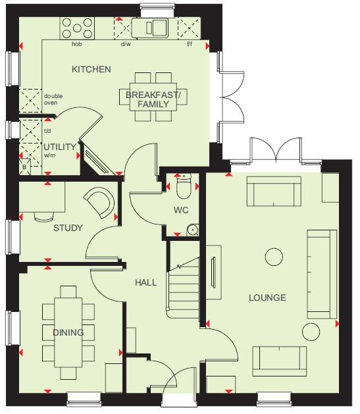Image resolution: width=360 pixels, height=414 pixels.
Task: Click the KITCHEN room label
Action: tap(91, 70)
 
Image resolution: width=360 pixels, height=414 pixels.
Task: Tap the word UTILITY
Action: tap(60, 147)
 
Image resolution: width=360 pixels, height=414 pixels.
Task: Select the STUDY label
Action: tap(68, 228)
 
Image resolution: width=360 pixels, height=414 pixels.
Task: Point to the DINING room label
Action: tap(68, 332)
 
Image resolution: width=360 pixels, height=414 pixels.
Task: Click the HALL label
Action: tap(146, 283)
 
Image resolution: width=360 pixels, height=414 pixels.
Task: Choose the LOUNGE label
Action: tap(267, 298)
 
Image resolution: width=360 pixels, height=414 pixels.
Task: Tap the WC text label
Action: tap(181, 211)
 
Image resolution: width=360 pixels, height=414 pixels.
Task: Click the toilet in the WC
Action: tap(184, 186)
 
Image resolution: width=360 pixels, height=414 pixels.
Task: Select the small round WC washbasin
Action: tap(193, 230)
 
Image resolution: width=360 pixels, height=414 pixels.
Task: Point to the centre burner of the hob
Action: tap(77, 28)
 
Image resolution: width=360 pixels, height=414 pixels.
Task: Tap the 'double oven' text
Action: tap(53, 99)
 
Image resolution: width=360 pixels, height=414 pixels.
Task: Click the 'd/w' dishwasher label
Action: tap(126, 44)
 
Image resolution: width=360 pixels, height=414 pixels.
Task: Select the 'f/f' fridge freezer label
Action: tap(190, 44)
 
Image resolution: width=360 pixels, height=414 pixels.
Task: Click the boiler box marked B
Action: tap(24, 167)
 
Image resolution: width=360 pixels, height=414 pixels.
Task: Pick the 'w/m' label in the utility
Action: tap(49, 155)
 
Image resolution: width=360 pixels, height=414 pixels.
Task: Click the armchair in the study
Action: tap(100, 203)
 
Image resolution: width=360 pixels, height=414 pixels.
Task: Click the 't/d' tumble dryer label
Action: tap(47, 131)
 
